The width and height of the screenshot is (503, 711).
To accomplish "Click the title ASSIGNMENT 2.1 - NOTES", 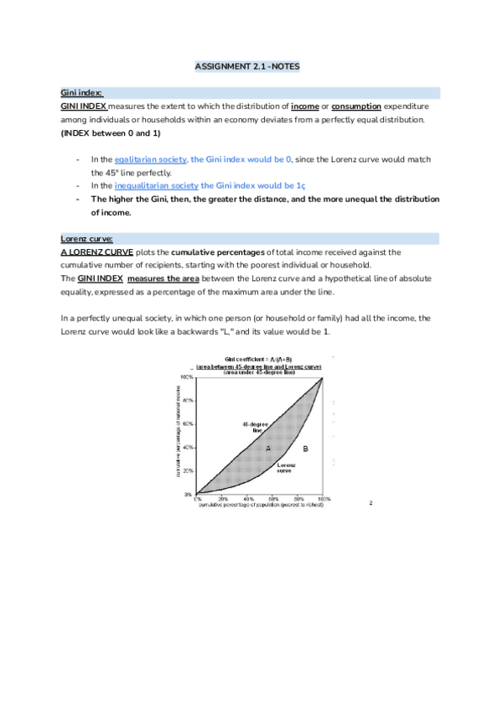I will click(x=251, y=65).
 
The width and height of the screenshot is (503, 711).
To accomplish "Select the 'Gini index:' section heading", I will click(x=81, y=92).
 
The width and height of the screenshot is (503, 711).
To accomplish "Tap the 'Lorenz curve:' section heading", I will click(x=85, y=238).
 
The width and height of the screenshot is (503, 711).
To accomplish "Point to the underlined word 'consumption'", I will click(x=356, y=106).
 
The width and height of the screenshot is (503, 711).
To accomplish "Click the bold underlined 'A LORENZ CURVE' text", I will click(x=97, y=252).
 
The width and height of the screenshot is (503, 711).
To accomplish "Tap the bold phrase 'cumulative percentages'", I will click(x=217, y=252).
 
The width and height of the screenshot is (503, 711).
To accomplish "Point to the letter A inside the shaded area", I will click(x=268, y=449).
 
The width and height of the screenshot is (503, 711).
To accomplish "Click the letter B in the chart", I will click(x=305, y=449).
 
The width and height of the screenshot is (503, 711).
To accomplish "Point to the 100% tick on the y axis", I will click(x=188, y=378).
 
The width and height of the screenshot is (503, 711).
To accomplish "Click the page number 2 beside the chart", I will click(x=371, y=504).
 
